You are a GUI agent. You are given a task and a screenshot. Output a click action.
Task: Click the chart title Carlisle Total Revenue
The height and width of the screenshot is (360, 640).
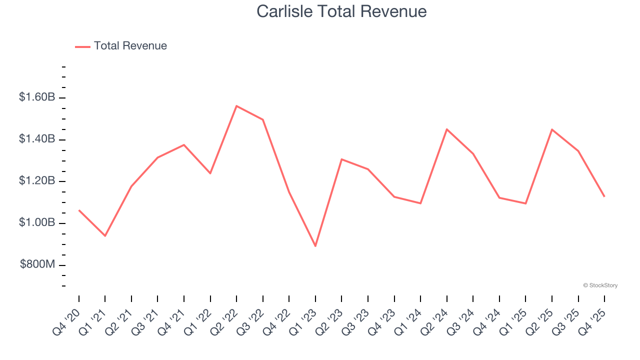click(341, 11)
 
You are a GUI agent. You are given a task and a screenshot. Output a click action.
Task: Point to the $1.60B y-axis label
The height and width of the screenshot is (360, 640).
click(37, 97)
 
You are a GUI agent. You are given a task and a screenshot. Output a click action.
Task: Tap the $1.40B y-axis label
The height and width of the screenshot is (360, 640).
click(37, 139)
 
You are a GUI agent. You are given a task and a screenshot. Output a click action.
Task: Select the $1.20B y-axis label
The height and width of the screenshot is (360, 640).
click(37, 180)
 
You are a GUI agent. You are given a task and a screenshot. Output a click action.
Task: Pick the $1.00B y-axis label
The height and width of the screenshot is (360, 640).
click(37, 222)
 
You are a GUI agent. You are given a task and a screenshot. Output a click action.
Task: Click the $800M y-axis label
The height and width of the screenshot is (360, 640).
click(37, 264)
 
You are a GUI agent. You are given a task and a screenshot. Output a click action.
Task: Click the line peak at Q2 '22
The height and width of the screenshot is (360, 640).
click(236, 106)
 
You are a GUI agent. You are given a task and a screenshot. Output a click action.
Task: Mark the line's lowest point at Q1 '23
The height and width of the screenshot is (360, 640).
click(315, 246)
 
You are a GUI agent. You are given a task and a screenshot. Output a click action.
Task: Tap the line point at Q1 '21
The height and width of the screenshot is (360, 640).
click(105, 235)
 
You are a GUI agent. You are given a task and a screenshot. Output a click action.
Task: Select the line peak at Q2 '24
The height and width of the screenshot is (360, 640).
click(446, 129)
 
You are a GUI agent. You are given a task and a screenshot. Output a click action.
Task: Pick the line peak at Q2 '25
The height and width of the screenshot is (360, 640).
click(552, 129)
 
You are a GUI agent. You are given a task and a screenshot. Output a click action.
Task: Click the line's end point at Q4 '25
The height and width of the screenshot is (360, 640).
click(604, 196)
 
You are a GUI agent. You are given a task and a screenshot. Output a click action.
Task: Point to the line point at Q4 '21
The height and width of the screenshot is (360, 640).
click(184, 145)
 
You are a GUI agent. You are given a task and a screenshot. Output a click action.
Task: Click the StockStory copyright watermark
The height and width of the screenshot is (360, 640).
click(600, 285)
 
